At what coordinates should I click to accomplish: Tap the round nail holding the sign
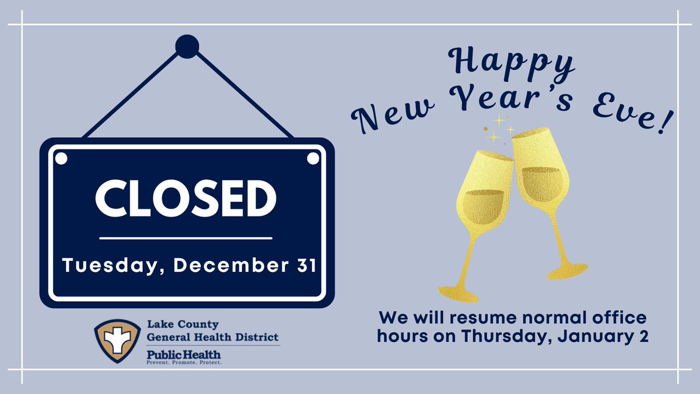click(187, 47)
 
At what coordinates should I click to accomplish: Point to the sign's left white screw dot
click(61, 158)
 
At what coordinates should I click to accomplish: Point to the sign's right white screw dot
click(313, 158)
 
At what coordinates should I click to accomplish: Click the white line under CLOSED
click(185, 238)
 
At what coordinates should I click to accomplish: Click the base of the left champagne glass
click(458, 293)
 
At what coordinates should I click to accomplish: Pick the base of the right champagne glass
click(568, 270)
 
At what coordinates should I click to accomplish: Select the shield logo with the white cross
click(117, 340)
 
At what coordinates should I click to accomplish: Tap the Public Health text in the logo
click(175, 354)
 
